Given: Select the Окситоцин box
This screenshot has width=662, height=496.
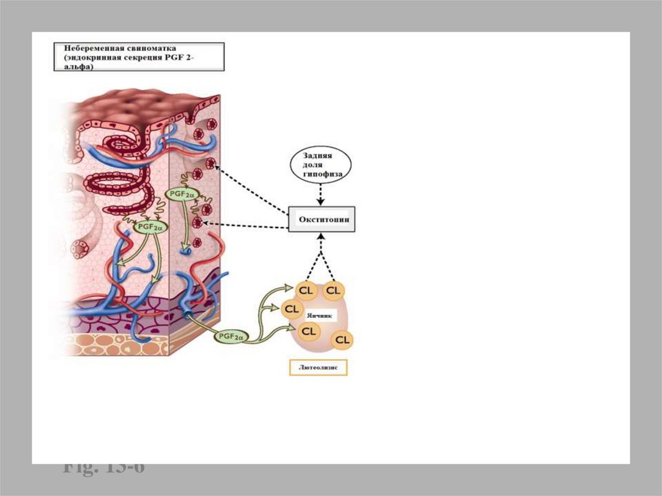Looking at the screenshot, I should click(x=321, y=219).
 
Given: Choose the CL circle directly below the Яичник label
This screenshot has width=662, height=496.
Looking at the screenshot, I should click(x=309, y=331).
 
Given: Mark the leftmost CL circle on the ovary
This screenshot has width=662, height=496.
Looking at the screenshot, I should click(x=292, y=309).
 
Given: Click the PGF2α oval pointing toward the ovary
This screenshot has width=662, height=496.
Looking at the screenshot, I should click(x=231, y=337).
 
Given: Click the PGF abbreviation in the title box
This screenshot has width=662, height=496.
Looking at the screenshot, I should click(x=178, y=57).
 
